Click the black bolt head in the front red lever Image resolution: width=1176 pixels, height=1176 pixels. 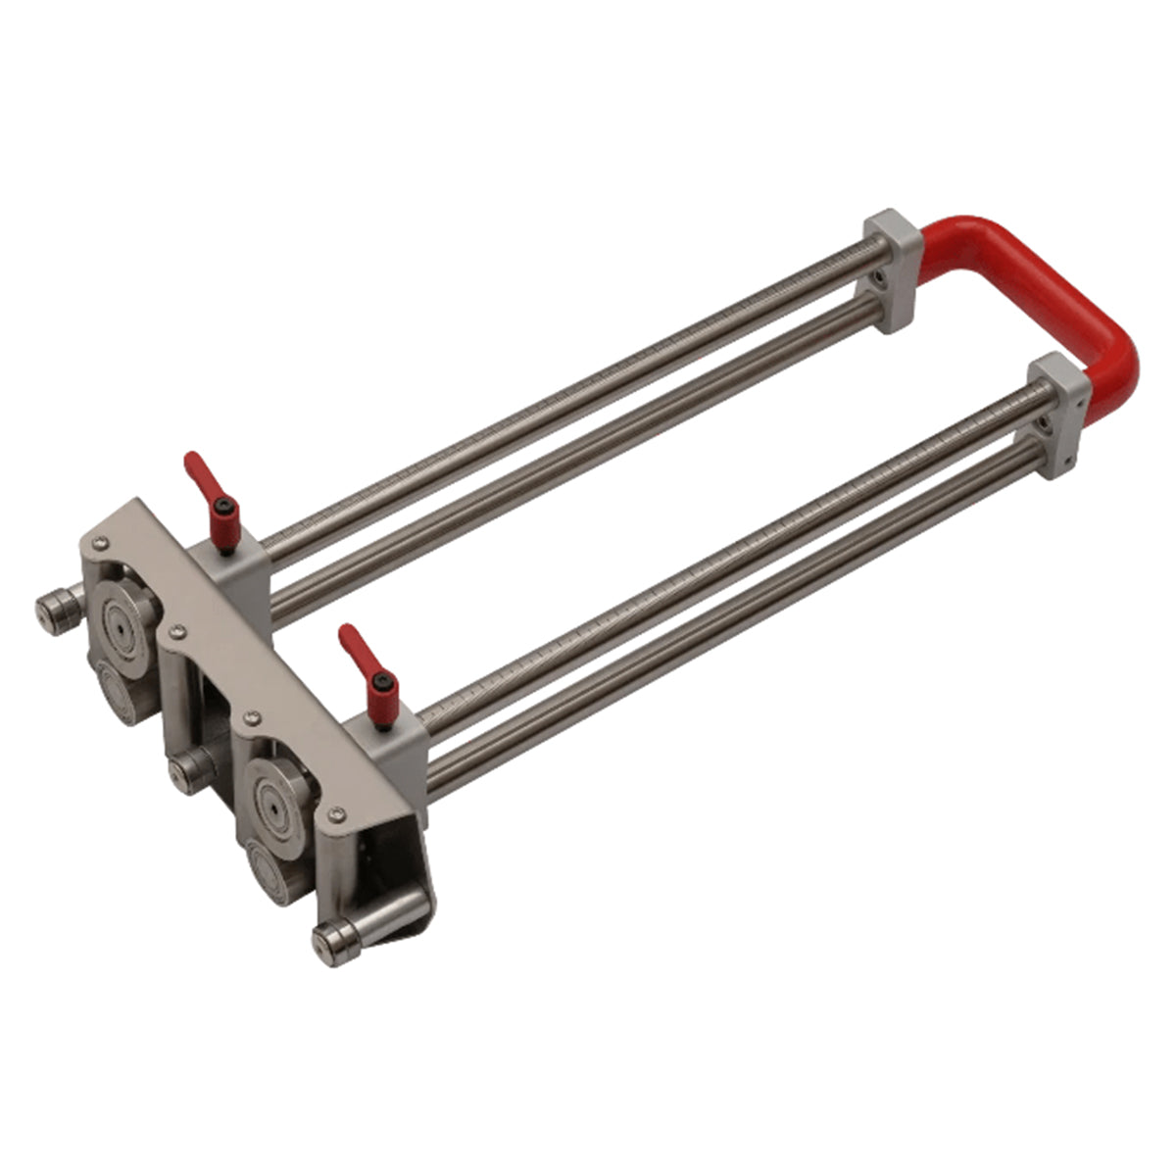(385, 681)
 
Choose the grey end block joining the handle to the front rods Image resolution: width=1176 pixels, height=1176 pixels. (1058, 416)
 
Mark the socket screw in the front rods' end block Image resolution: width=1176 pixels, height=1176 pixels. (1047, 423)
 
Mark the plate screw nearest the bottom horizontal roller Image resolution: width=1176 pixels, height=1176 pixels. (338, 812)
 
